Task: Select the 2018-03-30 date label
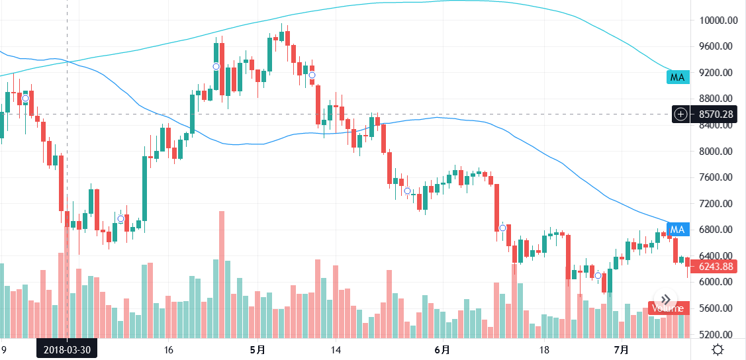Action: (67, 349)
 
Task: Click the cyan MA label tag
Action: (677, 77)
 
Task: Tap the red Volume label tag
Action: (668, 308)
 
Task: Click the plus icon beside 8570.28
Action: (681, 114)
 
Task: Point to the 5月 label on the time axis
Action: (258, 349)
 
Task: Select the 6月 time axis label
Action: (442, 349)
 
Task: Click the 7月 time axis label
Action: (620, 349)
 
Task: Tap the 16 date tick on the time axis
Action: (168, 349)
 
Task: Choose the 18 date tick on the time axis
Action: (545, 349)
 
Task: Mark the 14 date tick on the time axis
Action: (336, 349)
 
